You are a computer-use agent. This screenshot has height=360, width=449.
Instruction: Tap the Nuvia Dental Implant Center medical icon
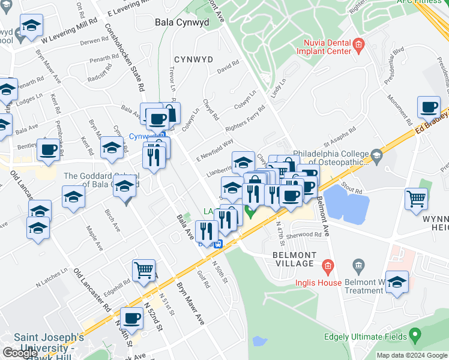pyautogui.click(x=359, y=43)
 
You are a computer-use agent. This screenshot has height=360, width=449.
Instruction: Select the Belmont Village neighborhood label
pyautogui.click(x=294, y=259)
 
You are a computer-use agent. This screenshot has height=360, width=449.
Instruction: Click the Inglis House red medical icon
pyautogui.click(x=327, y=265)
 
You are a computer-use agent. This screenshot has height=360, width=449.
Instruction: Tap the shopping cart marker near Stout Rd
pyautogui.click(x=416, y=199)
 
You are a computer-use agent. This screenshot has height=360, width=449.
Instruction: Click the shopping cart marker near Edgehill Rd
pyautogui.click(x=144, y=271)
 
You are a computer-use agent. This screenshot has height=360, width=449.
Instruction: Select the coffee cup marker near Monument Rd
pyautogui.click(x=429, y=107)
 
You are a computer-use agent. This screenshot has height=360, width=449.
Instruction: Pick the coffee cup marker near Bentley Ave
pyautogui.click(x=48, y=149)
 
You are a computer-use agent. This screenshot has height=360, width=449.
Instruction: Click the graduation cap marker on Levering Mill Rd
pyautogui.click(x=31, y=26)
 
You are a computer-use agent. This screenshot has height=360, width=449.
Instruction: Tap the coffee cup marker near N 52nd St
pyautogui.click(x=131, y=319)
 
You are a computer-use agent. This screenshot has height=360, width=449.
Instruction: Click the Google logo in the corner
pyautogui.click(x=20, y=353)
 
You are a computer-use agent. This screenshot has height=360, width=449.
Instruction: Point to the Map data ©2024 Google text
pyautogui.click(x=412, y=355)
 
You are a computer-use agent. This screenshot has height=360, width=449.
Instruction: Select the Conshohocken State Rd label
pyautogui.click(x=125, y=57)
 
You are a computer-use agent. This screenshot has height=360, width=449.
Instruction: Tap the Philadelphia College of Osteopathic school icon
pyautogui.click(x=376, y=157)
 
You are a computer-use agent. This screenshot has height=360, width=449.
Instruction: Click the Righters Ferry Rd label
pyautogui.click(x=244, y=119)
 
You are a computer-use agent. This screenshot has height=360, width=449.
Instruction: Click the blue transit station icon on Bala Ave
pyautogui.click(x=220, y=244)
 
